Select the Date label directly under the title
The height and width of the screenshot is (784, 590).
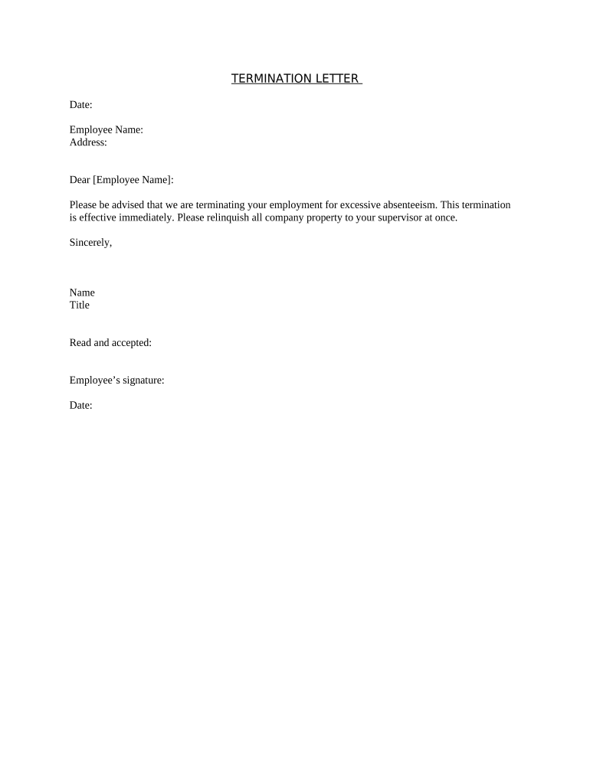pyautogui.click(x=80, y=105)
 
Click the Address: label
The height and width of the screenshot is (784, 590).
pyautogui.click(x=88, y=142)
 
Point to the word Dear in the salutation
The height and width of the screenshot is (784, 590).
pyautogui.click(x=80, y=180)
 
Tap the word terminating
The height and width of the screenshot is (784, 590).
pyautogui.click(x=221, y=205)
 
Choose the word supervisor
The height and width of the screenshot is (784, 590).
pyautogui.click(x=398, y=217)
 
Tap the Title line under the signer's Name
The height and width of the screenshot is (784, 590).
pyautogui.click(x=80, y=305)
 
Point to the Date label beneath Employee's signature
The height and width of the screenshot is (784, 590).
pyautogui.click(x=80, y=406)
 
